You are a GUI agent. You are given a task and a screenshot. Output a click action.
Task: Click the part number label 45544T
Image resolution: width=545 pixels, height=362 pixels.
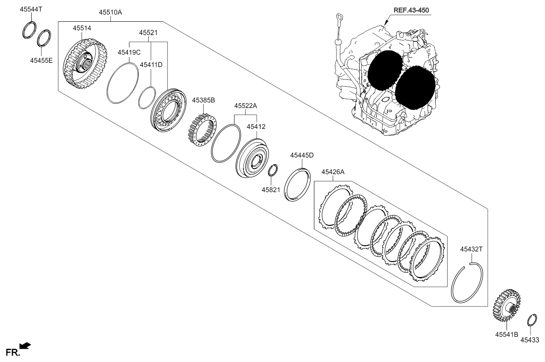click(31, 9)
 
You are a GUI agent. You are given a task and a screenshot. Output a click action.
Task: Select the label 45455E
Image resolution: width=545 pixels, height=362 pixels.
click(41, 60)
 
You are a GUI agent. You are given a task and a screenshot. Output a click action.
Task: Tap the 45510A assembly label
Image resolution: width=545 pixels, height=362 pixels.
click(110, 12)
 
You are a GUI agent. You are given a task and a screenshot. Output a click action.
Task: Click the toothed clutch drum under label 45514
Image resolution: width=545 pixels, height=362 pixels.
click(85, 64)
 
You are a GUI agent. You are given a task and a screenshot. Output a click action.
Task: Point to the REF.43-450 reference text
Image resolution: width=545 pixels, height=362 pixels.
click(411, 10)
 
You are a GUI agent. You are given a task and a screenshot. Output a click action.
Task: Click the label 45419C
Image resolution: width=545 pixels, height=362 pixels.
click(129, 52)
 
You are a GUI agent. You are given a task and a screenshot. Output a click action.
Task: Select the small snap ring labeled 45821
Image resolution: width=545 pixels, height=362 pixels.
click(273, 170)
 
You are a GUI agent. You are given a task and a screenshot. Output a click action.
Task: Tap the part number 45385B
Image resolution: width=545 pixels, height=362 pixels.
click(203, 100)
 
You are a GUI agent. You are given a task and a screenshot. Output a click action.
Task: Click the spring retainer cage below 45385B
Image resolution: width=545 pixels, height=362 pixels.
click(202, 130)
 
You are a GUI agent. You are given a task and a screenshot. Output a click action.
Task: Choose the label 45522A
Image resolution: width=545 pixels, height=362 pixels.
click(246, 106)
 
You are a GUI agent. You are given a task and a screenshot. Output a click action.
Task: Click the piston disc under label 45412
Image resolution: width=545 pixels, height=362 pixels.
click(252, 158)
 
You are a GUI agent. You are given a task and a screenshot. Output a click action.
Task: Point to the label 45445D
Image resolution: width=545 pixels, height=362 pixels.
click(302, 155)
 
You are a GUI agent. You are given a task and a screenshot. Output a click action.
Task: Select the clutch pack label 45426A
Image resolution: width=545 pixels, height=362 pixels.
click(333, 172)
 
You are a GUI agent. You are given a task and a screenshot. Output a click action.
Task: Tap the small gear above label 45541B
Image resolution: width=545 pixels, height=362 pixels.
click(507, 306)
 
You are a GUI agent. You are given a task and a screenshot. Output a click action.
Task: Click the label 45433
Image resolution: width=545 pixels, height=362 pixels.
click(530, 340)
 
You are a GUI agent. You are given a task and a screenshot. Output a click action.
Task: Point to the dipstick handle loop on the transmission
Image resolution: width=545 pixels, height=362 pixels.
click(340, 18)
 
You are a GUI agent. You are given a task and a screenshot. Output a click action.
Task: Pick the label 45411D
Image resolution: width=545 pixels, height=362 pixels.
click(151, 64)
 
